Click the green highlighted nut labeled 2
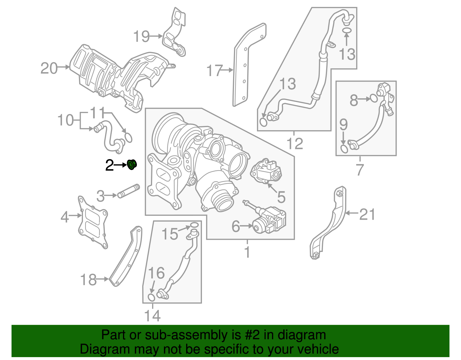tap(132, 165)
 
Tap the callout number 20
tap(49, 69)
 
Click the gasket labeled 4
tap(93, 222)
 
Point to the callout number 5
tap(281, 197)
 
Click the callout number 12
tap(295, 144)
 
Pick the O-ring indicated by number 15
tap(194, 225)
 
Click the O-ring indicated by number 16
tap(151, 297)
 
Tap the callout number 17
tap(214, 71)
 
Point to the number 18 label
tap(88, 280)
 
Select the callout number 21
tap(367, 214)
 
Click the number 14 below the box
tap(152, 316)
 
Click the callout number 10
tap(66, 120)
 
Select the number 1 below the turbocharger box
tap(247, 252)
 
